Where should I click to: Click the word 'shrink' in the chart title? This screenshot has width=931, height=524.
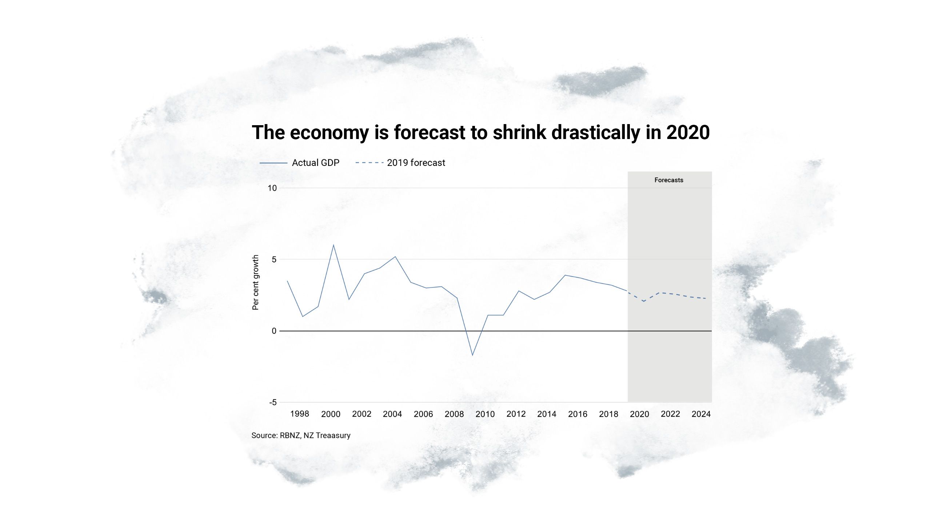(519, 132)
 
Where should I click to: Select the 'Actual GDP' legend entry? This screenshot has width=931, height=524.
(315, 163)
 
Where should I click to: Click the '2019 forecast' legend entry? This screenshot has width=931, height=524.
(416, 163)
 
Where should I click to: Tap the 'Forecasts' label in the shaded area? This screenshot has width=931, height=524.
(668, 180)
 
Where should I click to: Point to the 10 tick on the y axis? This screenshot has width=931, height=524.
(272, 188)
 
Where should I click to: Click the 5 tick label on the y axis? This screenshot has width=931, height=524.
(274, 259)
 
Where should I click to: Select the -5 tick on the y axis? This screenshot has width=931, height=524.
(273, 402)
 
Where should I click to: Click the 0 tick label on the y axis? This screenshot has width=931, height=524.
(274, 331)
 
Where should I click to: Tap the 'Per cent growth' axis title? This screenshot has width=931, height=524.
(256, 282)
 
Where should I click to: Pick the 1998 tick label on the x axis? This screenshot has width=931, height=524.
(300, 414)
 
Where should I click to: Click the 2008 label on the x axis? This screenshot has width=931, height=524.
(454, 414)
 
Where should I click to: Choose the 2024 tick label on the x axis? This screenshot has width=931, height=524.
(701, 414)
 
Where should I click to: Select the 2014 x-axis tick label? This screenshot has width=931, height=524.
(547, 414)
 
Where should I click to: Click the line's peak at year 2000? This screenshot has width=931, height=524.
(333, 245)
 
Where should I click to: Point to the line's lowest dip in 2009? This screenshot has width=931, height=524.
(472, 355)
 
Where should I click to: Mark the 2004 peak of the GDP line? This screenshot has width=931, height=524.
(395, 257)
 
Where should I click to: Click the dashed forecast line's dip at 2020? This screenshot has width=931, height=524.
(644, 301)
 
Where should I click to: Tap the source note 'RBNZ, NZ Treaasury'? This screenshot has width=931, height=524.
(315, 436)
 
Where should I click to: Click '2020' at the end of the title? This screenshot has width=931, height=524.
(688, 132)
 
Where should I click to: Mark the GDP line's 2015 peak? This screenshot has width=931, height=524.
(565, 275)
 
